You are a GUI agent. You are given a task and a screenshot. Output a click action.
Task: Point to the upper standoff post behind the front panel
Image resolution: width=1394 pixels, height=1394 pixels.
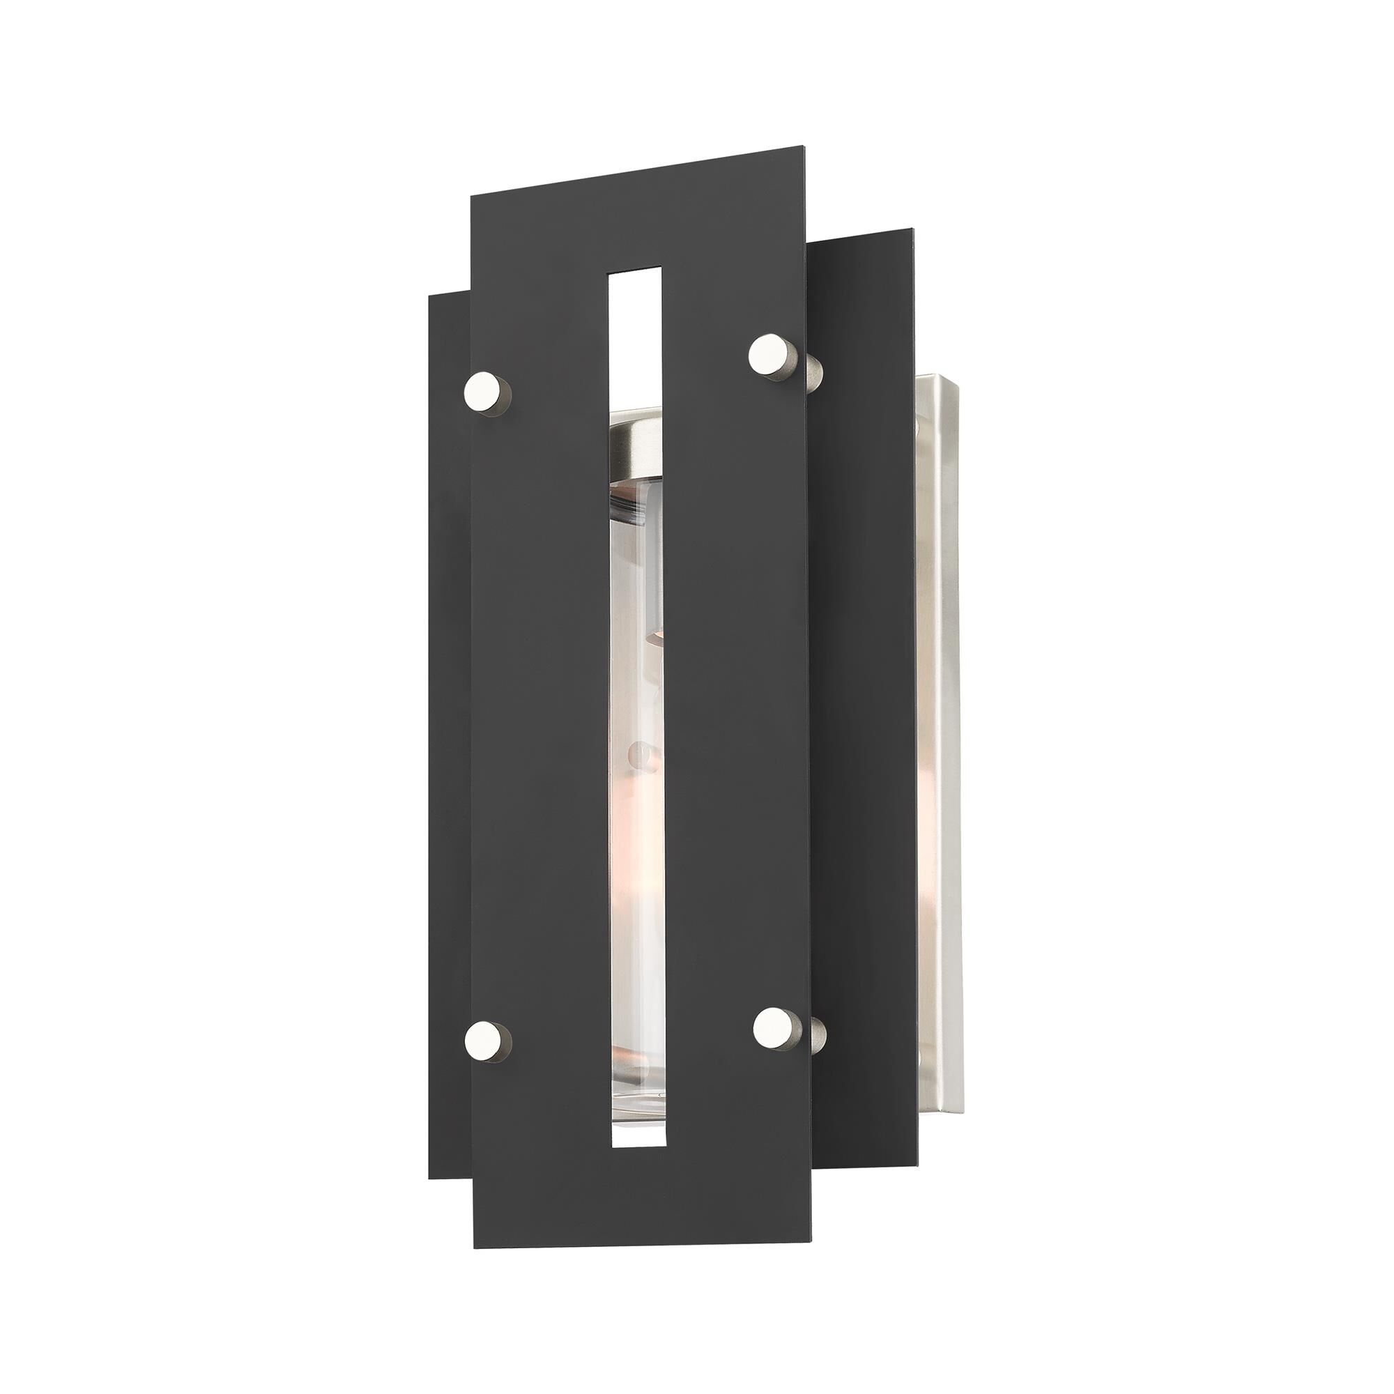coord(814,372)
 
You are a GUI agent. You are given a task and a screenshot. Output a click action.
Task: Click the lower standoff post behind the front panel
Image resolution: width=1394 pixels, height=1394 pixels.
coord(817,1036)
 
